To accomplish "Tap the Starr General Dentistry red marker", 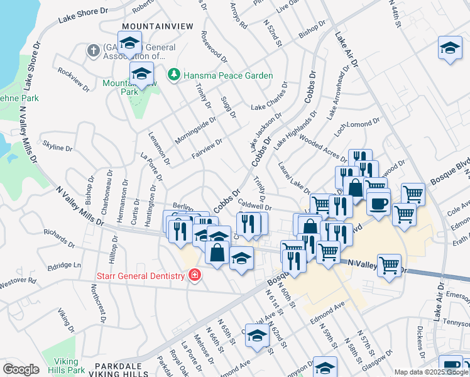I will point(194,275).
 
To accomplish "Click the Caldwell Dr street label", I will point(254,205).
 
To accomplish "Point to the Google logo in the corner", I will point(21,369).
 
